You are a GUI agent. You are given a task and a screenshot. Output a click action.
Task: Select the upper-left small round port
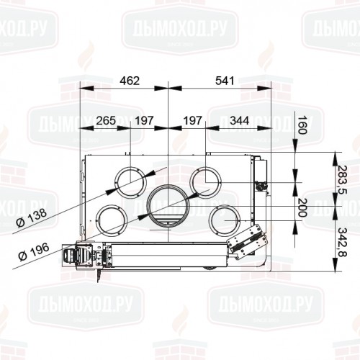pyautogui.click(x=130, y=182)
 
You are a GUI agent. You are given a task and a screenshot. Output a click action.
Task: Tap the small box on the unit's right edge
pyautogui.click(x=261, y=173)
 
